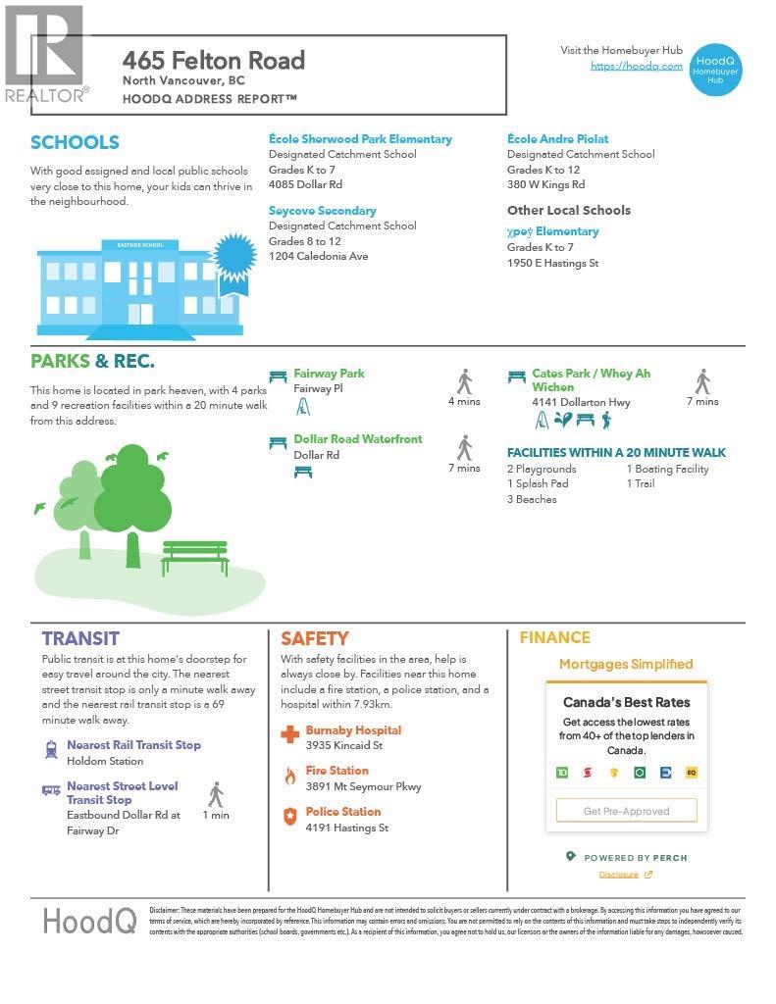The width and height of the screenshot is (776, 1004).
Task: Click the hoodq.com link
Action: tap(636, 66)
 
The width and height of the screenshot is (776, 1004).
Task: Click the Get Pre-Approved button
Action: tap(626, 811)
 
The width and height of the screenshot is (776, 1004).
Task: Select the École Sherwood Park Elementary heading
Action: tap(360, 139)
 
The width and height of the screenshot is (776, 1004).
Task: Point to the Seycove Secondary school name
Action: tap(322, 211)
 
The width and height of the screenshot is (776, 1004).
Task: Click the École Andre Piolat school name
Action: tap(557, 139)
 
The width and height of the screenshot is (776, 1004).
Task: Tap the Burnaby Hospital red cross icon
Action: tap(289, 734)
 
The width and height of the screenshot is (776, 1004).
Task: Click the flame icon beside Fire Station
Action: tap(289, 776)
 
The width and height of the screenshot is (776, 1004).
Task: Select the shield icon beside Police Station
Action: tap(289, 816)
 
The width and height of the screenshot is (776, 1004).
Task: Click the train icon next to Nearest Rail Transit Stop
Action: tap(51, 750)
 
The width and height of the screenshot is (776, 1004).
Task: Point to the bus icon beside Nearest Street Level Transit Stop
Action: tap(51, 789)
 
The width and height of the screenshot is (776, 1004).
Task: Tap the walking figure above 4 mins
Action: tap(464, 381)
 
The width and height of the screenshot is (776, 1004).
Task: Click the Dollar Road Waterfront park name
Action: tap(357, 439)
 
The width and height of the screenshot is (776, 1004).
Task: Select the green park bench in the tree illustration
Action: tap(194, 557)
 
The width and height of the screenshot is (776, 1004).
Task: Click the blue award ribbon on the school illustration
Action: tap(234, 258)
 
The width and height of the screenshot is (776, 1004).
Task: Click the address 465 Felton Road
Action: tap(214, 61)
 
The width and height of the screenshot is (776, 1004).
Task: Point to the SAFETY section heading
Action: tap(314, 638)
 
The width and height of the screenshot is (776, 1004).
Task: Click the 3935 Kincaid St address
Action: tap(343, 746)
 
